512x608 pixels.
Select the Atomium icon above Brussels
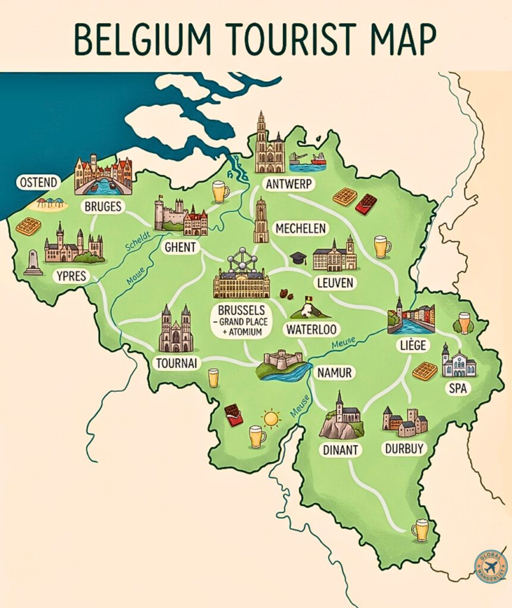point(241,261)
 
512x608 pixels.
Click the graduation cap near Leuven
point(298,258)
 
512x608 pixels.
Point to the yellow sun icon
point(271,419)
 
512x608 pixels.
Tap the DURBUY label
point(404,448)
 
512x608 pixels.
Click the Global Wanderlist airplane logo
point(491,567)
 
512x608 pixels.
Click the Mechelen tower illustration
point(260,220)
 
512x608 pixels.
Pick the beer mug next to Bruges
point(220,192)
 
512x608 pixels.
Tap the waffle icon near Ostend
point(28,226)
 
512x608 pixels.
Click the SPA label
point(460,388)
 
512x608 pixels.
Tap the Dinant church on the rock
point(341,416)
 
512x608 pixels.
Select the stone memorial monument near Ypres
point(33,262)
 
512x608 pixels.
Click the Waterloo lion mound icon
point(307,308)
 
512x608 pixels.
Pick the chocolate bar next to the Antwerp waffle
point(366,204)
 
